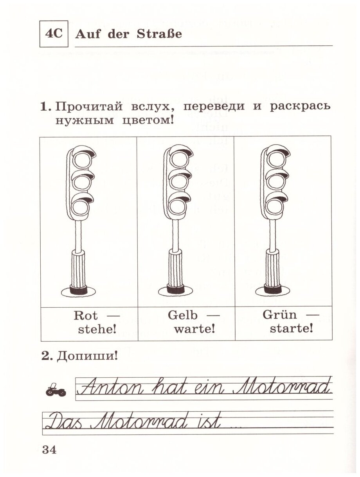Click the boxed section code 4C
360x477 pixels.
(54, 34)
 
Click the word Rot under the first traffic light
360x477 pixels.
(84, 315)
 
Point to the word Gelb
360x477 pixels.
(183, 315)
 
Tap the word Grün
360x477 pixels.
(280, 315)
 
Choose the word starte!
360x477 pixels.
(292, 329)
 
